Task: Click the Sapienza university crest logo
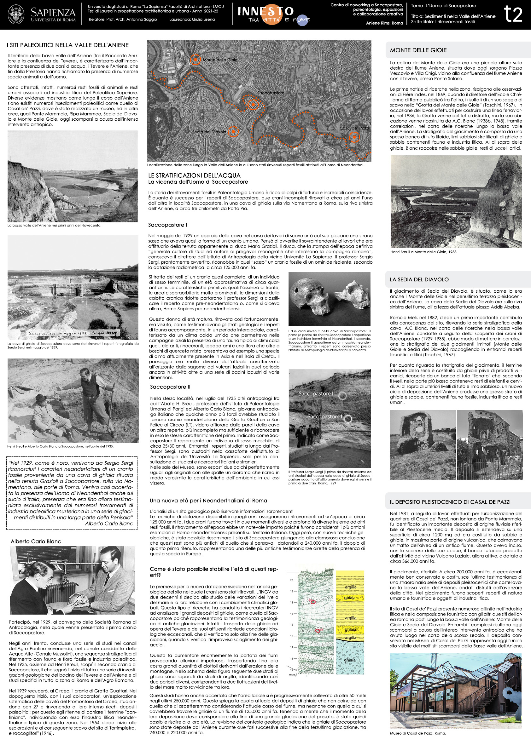tap(16, 15)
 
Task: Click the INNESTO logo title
tap(265, 11)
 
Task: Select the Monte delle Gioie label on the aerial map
tap(220, 60)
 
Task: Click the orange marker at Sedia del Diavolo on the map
tap(233, 131)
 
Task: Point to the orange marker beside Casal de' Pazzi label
tap(354, 137)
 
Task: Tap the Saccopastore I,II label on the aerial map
tap(273, 93)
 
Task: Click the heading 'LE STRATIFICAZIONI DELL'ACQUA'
tap(194, 176)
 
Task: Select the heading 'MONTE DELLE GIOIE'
tap(418, 50)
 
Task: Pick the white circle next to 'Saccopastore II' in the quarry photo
tap(342, 396)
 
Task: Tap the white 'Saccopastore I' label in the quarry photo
tap(324, 417)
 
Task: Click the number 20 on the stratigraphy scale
tap(291, 580)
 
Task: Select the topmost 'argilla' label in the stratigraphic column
tap(350, 587)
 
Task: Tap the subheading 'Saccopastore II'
tap(170, 387)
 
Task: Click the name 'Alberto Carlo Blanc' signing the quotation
tap(109, 524)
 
